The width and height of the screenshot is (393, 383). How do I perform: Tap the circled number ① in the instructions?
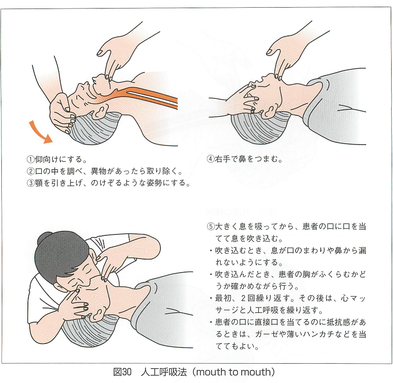(31, 159)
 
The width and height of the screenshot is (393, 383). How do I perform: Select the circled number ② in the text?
(31, 172)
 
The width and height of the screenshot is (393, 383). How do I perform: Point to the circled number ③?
(31, 183)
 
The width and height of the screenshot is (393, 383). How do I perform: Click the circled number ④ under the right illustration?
(211, 159)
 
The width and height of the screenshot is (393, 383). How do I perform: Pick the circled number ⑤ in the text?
(211, 226)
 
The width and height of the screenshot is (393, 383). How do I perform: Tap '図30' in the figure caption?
(122, 372)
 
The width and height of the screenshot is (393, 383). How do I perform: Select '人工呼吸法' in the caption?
(164, 372)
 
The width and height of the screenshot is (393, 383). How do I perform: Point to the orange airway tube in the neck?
(146, 97)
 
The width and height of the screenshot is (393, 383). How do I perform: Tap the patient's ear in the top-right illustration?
(268, 112)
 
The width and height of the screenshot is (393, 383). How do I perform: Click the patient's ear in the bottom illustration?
(97, 315)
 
